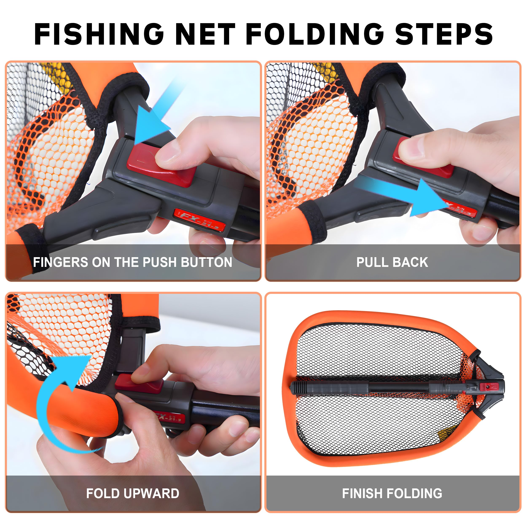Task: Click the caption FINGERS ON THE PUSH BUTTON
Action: (133, 262)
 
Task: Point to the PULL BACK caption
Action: (392, 262)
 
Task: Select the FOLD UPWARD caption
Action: (133, 493)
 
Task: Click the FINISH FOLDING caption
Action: (392, 493)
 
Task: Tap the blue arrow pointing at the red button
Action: (153, 120)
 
